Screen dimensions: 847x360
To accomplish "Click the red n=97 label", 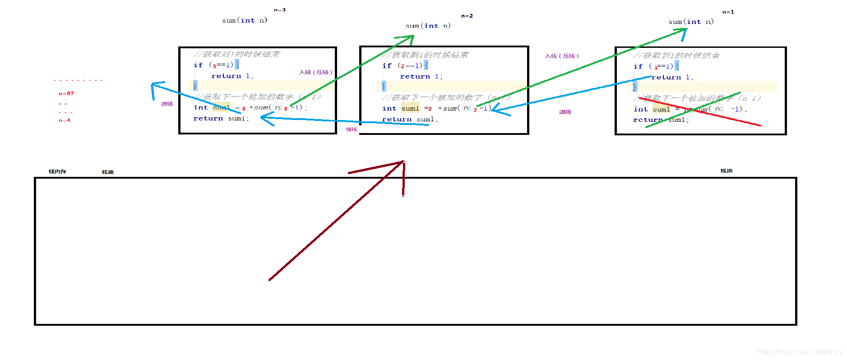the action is [x=66, y=94].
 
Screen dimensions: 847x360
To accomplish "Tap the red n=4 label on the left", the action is [x=65, y=120].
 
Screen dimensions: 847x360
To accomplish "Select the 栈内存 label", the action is [x=57, y=172].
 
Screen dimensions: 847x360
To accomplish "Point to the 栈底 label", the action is [x=107, y=172].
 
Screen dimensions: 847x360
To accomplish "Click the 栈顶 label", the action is [x=726, y=171].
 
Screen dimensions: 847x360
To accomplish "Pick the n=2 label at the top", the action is [x=467, y=16].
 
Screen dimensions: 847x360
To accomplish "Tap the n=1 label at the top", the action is [x=728, y=12].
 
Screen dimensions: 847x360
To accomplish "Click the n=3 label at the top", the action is [x=279, y=10].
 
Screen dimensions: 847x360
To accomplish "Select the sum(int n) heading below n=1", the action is [x=691, y=22].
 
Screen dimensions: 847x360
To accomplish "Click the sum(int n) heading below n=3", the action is [x=245, y=20].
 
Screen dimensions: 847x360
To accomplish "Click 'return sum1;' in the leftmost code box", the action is [x=221, y=119].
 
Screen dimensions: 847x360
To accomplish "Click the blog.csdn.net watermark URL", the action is [x=800, y=352].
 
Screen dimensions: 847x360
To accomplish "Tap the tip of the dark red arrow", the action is [x=403, y=162].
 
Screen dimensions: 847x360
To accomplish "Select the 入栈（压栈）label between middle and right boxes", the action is [x=561, y=56].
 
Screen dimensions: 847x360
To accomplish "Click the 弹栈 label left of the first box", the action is [x=167, y=104].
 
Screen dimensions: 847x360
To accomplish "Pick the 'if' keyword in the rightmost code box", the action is [x=638, y=67].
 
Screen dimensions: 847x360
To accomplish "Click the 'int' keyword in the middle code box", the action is [x=389, y=109].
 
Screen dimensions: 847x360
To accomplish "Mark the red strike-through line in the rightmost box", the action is [x=699, y=111].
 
